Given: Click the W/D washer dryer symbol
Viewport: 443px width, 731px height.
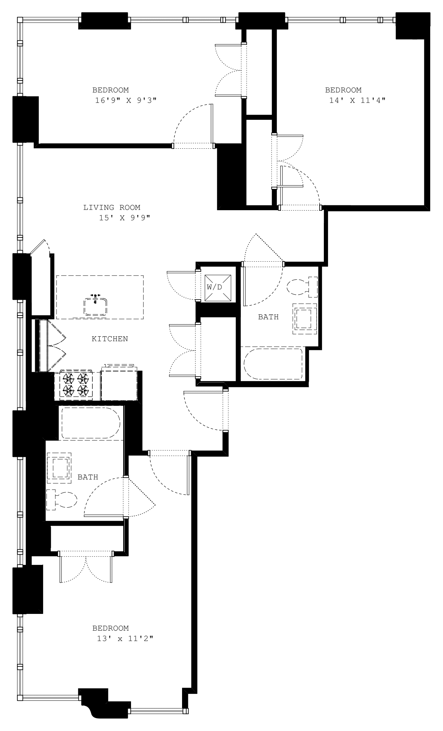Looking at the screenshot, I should coord(218,287).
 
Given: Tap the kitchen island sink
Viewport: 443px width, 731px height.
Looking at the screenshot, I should coord(95,306).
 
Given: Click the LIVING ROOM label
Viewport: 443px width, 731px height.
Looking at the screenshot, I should coord(112,207).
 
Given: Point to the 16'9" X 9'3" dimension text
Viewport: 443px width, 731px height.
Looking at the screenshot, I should coord(126,100).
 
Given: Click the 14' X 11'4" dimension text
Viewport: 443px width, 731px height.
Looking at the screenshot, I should coord(357,100).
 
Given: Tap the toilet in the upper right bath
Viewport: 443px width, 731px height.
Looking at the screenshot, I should coord(302,287).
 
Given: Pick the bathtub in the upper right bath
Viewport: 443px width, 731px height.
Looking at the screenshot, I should coord(273,364).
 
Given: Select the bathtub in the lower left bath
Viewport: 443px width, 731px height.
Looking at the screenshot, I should coord(91,423).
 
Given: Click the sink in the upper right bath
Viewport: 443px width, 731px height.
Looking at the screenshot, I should coord(305,319).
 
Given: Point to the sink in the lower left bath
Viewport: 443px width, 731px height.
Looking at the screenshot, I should coord(59,468).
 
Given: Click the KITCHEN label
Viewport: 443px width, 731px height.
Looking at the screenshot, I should coord(110,339).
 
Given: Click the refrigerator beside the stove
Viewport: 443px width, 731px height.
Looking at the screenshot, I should coord(119,384).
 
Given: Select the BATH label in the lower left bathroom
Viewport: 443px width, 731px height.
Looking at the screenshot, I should coord(88,477).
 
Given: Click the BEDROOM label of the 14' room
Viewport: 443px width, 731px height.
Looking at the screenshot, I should coord(343,90).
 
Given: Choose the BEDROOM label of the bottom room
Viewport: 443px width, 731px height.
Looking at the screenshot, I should coord(110,628).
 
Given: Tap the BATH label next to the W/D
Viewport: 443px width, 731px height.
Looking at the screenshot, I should coord(268,317).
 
